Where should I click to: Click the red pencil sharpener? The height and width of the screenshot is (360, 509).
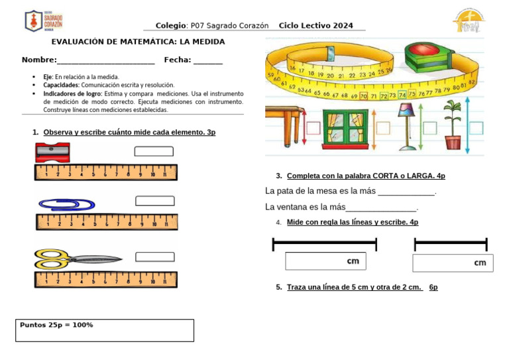[52, 152]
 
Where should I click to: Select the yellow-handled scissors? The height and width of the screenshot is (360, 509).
[78, 259]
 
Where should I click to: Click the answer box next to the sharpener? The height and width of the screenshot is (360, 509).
[153, 151]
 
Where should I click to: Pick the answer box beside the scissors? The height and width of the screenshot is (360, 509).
[154, 257]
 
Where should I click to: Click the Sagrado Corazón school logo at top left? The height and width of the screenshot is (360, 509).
[44, 21]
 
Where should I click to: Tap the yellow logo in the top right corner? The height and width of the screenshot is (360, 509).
[469, 21]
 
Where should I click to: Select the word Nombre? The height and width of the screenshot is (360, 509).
[38, 60]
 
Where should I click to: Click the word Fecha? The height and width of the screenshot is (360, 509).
[177, 60]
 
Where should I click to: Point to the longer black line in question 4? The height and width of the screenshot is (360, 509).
[325, 245]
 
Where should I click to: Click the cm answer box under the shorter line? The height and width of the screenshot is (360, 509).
[452, 263]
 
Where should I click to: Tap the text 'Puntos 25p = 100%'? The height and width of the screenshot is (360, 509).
[56, 325]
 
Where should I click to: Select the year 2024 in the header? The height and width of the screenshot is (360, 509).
[343, 26]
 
